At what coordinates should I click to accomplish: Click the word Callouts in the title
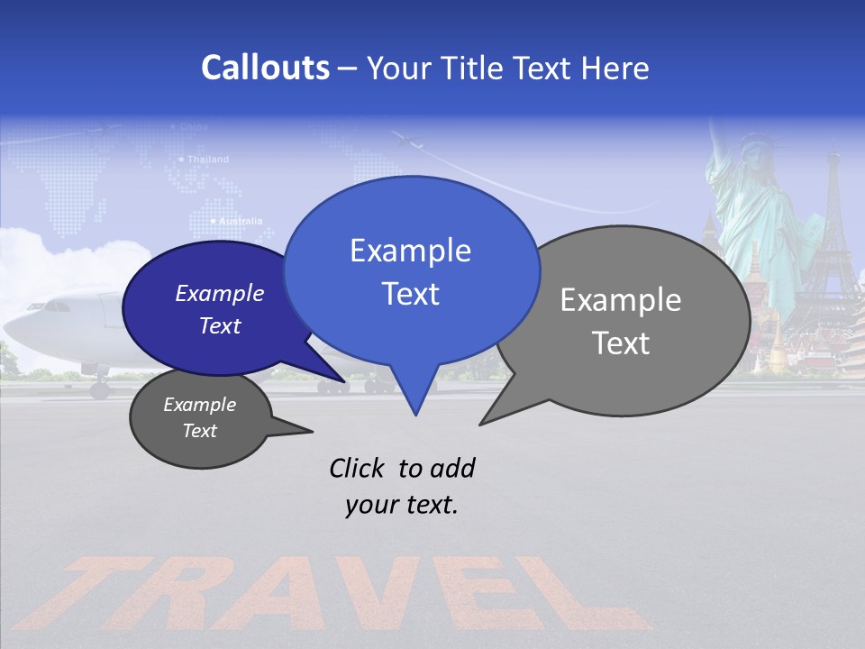[x=265, y=68]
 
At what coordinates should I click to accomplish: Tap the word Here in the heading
[x=615, y=69]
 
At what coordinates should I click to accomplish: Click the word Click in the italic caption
[x=357, y=468]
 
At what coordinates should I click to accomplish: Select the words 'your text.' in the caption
[x=402, y=505]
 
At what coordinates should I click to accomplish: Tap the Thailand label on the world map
[x=208, y=160]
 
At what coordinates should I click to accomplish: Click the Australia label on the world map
[x=239, y=221]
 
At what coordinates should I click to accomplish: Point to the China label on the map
[x=194, y=127]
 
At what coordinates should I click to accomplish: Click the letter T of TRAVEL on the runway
[x=108, y=590]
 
